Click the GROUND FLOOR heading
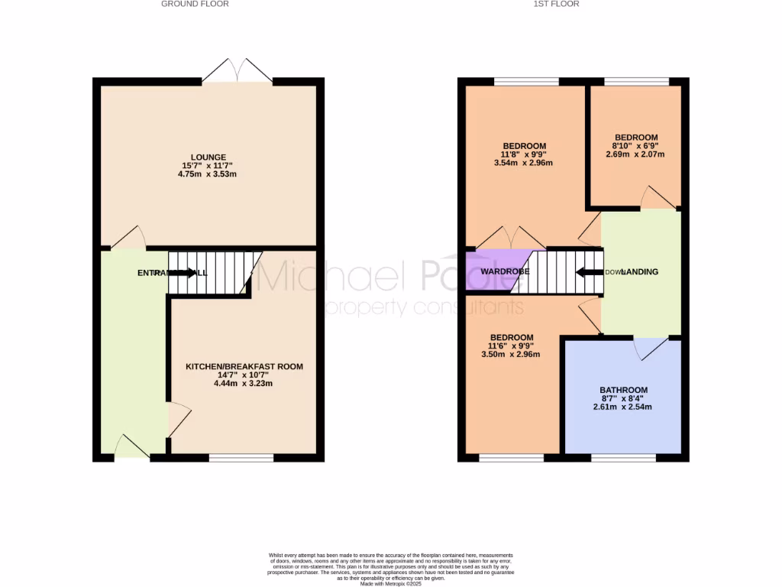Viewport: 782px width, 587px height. (195, 4)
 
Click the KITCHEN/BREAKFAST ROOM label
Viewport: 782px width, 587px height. (244, 367)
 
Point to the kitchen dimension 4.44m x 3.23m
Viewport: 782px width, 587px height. (244, 383)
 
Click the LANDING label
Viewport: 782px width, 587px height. (640, 272)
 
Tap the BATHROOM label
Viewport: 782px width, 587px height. (623, 390)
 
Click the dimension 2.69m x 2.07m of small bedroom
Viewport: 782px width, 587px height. (633, 154)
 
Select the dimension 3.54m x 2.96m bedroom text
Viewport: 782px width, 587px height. (524, 162)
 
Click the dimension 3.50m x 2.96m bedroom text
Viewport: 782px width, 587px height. (512, 355)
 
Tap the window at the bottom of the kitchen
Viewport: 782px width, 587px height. (241, 458)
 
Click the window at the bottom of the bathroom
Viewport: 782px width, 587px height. (623, 458)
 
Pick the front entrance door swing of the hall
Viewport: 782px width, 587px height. (132, 448)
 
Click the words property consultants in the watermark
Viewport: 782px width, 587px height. (425, 308)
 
